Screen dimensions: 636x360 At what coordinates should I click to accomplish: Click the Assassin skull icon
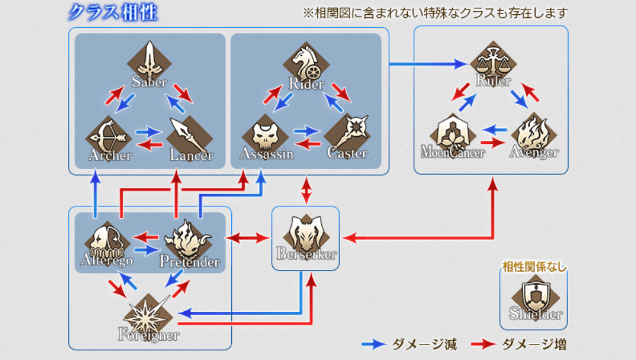point(265,135)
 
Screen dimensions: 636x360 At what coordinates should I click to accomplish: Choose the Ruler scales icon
point(493,62)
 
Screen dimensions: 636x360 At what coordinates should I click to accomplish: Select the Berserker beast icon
point(306,235)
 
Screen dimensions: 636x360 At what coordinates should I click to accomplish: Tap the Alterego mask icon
point(107,243)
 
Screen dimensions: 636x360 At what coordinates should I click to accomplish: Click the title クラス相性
point(113,12)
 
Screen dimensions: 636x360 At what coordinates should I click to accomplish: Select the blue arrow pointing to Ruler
point(428,64)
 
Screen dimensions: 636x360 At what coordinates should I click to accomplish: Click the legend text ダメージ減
point(424,345)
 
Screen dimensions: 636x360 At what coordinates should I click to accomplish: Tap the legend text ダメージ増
point(534,345)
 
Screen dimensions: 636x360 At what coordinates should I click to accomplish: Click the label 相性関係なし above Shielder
point(534,267)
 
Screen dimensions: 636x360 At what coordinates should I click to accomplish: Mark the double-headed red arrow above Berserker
point(306,190)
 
